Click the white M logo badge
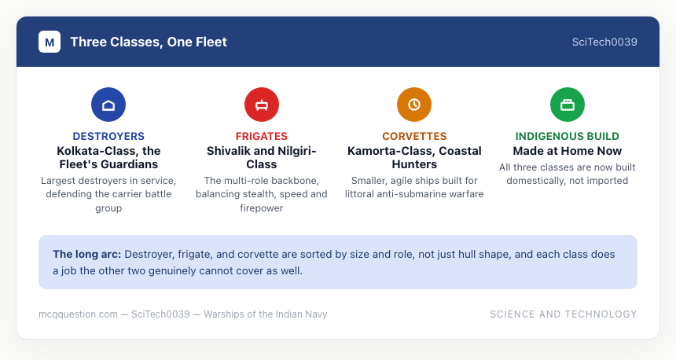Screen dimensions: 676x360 point(50,42)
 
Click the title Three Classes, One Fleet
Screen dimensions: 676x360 point(149,42)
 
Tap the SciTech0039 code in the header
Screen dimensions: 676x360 point(604,42)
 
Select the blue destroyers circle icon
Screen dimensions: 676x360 point(108,105)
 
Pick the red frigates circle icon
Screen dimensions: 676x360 point(262,105)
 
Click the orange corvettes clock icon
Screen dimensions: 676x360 point(414,105)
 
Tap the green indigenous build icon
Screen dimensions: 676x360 point(568,105)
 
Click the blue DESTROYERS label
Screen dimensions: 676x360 point(108,136)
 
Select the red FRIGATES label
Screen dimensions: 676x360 point(262,136)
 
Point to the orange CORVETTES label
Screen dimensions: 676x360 point(414,136)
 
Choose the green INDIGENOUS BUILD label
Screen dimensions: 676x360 point(568,136)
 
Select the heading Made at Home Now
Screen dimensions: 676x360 point(568,151)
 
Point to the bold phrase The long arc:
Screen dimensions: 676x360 point(87,255)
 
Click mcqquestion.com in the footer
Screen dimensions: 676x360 point(78,314)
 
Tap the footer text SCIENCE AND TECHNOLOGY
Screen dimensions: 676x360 point(564,314)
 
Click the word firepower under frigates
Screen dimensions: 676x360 point(262,208)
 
